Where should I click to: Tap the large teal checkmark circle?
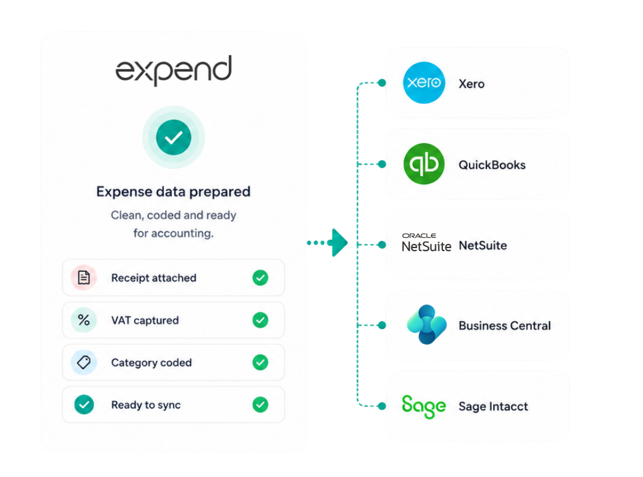point(173,137)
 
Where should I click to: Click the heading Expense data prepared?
point(173,191)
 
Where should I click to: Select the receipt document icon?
point(84,278)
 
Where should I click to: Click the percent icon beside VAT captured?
point(84,320)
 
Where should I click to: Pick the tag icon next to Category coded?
point(84,363)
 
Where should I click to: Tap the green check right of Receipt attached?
point(260,278)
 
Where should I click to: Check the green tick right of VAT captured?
point(260,320)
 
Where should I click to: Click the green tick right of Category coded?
point(260,363)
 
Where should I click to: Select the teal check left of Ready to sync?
point(84,405)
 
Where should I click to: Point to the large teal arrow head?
point(339,243)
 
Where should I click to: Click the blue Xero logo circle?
point(424,83)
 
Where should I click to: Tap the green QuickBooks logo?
point(424,164)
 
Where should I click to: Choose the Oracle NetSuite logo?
point(426,243)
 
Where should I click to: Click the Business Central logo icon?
point(426,324)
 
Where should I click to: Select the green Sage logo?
point(424,406)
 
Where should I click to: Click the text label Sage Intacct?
point(494,406)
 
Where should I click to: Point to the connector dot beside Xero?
point(382,83)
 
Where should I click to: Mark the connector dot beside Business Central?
point(382,326)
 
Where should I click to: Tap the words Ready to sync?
point(146,405)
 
